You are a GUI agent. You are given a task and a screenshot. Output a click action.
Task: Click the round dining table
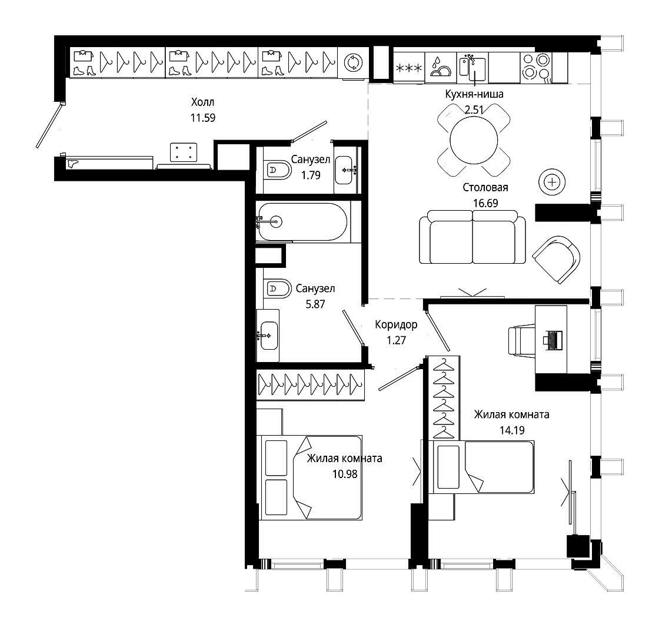(474, 140)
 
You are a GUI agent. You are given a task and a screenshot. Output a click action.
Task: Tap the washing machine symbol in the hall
(353, 62)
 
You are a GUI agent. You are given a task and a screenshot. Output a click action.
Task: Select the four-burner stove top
(536, 67)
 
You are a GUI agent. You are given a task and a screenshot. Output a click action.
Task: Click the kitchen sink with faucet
(472, 67)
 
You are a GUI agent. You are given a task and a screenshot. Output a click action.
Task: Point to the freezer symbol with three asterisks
(409, 67)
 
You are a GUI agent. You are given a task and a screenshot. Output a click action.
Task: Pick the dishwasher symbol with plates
(441, 67)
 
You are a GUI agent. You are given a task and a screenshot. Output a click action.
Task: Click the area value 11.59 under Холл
(203, 118)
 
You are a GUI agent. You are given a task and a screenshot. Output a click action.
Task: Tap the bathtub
(302, 221)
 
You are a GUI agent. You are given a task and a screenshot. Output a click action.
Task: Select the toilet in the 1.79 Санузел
(277, 170)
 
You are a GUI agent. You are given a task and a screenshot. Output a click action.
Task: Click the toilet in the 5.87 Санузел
(277, 288)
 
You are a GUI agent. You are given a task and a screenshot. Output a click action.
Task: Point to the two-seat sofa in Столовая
(472, 237)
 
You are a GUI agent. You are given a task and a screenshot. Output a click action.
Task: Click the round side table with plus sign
(552, 182)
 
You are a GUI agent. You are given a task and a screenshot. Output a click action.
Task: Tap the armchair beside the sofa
(557, 259)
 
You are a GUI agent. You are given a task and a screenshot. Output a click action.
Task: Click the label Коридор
(397, 324)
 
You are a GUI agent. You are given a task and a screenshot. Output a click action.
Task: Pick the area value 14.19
(512, 430)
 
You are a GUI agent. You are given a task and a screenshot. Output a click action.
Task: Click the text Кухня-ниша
(474, 94)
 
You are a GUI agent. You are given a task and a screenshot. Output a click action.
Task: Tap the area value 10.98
(345, 474)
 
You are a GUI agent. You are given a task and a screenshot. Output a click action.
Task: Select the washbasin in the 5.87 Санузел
(268, 336)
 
